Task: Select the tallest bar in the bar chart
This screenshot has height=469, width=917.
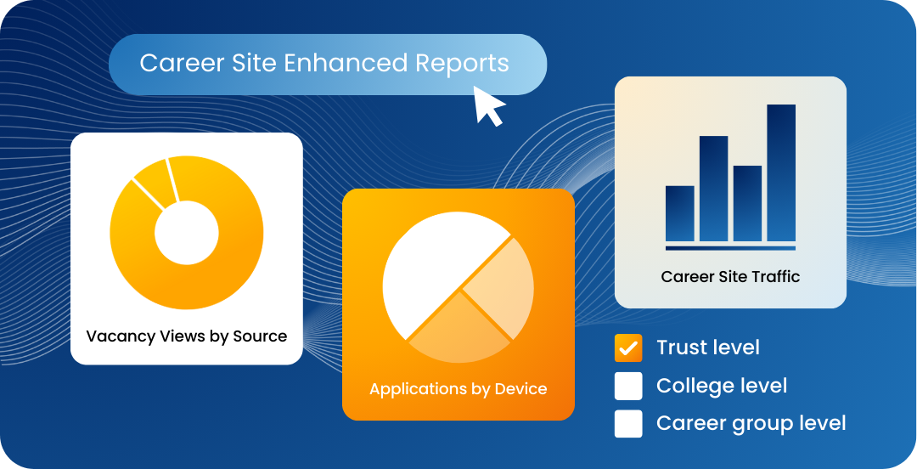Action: tap(781, 172)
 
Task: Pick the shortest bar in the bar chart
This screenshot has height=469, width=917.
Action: tap(679, 213)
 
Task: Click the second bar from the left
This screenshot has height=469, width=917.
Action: tap(713, 189)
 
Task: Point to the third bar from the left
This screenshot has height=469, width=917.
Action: tap(747, 203)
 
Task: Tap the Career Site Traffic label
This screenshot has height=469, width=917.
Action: tap(730, 276)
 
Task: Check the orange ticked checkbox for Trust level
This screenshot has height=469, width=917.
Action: tap(628, 348)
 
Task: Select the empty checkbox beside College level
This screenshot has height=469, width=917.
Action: tap(628, 386)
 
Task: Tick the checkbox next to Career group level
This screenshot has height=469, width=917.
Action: tap(628, 424)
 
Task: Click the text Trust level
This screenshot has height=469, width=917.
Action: tap(708, 348)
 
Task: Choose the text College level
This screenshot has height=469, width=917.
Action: tap(722, 386)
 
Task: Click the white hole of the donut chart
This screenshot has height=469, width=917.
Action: tap(187, 233)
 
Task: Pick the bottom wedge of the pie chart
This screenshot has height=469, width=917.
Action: tap(459, 331)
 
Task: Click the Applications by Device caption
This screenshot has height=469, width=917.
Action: tap(458, 389)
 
